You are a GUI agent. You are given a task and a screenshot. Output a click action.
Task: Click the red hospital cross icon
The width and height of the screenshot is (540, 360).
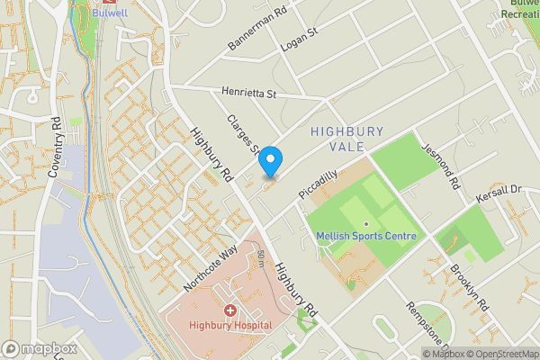click(x=229, y=310)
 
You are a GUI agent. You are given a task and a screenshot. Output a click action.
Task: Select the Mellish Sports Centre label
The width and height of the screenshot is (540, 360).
click(x=366, y=237)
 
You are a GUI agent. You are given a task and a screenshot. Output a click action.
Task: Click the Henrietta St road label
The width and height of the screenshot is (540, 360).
click(x=247, y=93)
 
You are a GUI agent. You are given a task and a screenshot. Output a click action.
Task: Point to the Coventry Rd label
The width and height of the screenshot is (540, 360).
click(x=53, y=146)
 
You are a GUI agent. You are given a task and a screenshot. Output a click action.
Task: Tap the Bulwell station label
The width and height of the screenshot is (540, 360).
click(x=109, y=13)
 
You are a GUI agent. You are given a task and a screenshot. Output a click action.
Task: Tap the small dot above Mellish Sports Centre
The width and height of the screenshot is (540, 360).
click(x=366, y=224)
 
